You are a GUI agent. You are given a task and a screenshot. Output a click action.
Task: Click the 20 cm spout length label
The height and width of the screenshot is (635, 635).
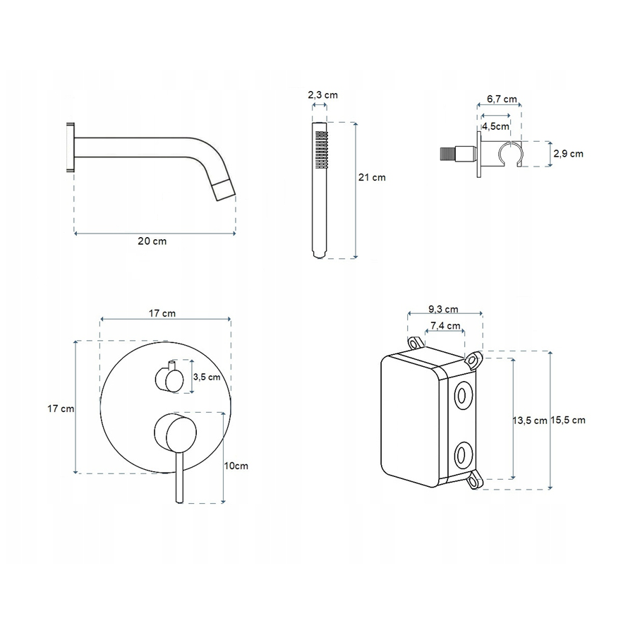(x=152, y=241)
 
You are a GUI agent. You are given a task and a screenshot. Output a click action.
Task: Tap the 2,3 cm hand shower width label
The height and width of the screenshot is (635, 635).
(x=322, y=95)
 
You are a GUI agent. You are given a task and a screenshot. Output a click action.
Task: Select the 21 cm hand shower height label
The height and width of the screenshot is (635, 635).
(x=372, y=177)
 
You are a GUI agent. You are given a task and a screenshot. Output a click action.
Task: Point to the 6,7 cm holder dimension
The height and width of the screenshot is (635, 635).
(x=502, y=99)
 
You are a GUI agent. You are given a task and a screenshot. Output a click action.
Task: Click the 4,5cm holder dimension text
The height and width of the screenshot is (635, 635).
(x=495, y=126)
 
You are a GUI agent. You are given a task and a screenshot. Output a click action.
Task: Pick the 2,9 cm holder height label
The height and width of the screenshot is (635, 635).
(x=568, y=154)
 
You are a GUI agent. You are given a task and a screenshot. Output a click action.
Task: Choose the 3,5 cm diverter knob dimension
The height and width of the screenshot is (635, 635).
(x=207, y=377)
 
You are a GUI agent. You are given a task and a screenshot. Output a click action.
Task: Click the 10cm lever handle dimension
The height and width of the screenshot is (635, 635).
(x=236, y=466)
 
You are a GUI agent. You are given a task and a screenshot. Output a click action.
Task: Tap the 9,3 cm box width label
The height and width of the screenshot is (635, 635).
(x=444, y=310)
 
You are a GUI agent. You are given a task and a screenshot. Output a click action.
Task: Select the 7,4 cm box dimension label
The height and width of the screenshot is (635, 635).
(x=445, y=325)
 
